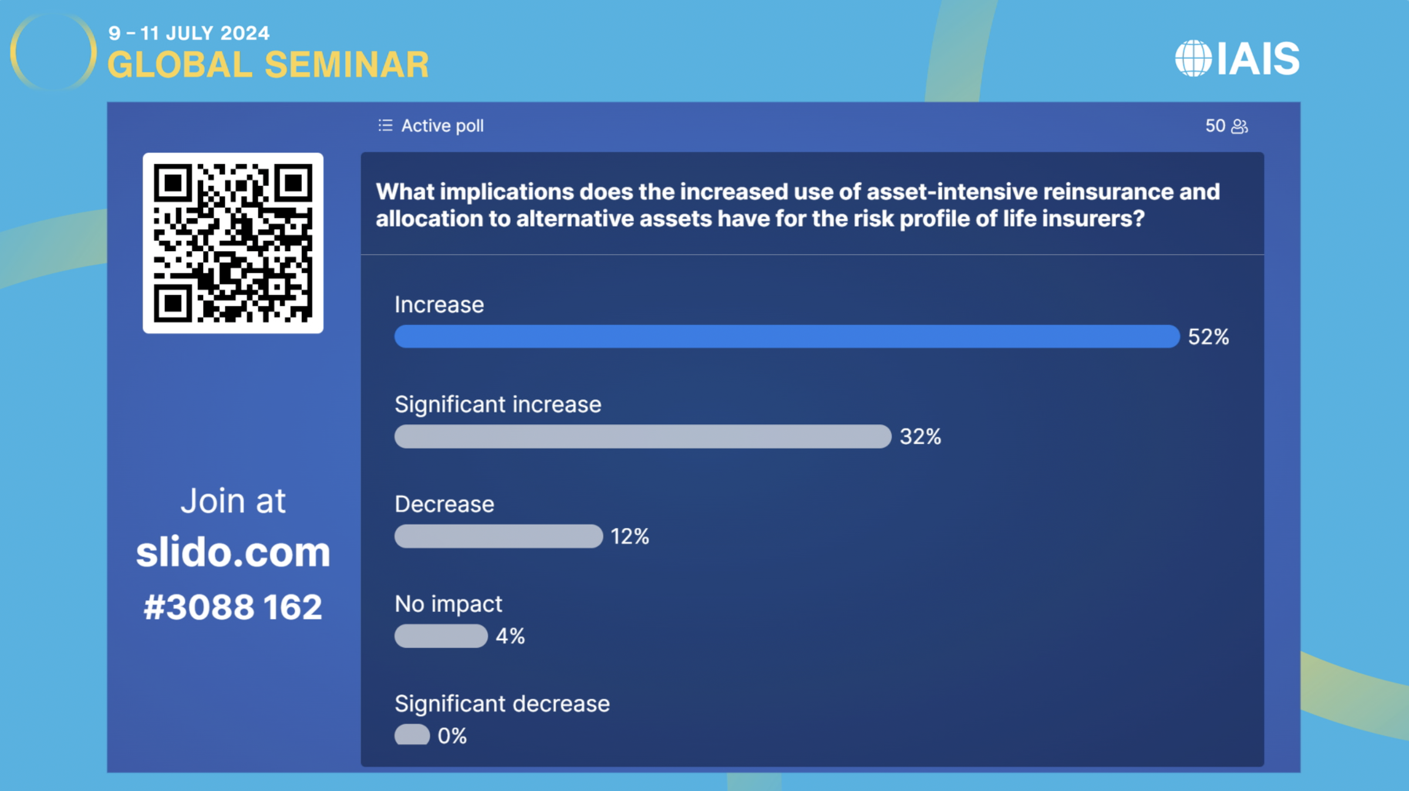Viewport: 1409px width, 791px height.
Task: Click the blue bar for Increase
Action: (x=787, y=336)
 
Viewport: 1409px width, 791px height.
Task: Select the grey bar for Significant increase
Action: (x=643, y=437)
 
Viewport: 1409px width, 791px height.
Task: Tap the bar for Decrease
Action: (x=498, y=536)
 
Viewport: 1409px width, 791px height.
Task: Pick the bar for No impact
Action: (x=441, y=636)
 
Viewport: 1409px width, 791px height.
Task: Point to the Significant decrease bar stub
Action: (x=412, y=735)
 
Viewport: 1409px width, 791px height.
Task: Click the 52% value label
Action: (x=1208, y=337)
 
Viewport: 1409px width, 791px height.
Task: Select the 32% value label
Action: (x=921, y=437)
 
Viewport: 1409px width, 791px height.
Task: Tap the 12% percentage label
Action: (x=630, y=536)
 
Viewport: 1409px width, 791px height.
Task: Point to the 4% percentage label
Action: (x=510, y=636)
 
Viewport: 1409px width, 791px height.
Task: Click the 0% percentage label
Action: (x=452, y=736)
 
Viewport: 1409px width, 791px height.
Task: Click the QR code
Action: (x=233, y=243)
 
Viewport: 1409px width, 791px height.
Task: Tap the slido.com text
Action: (x=233, y=552)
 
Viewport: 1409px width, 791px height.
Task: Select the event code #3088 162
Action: (x=233, y=607)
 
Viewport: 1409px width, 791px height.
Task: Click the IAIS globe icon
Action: (x=1194, y=58)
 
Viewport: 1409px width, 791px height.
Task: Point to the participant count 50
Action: (x=1215, y=126)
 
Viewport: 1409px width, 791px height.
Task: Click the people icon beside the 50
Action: (x=1239, y=126)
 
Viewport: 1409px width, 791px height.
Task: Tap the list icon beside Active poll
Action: (x=385, y=125)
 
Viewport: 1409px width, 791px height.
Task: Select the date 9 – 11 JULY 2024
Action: (x=189, y=33)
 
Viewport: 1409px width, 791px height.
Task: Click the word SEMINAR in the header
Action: (x=347, y=65)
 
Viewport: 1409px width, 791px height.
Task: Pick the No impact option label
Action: (x=449, y=604)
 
